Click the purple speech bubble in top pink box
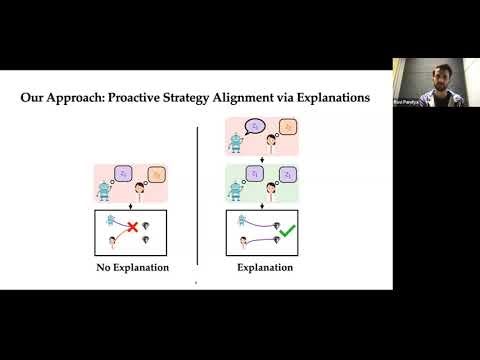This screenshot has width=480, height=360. tap(256, 126)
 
